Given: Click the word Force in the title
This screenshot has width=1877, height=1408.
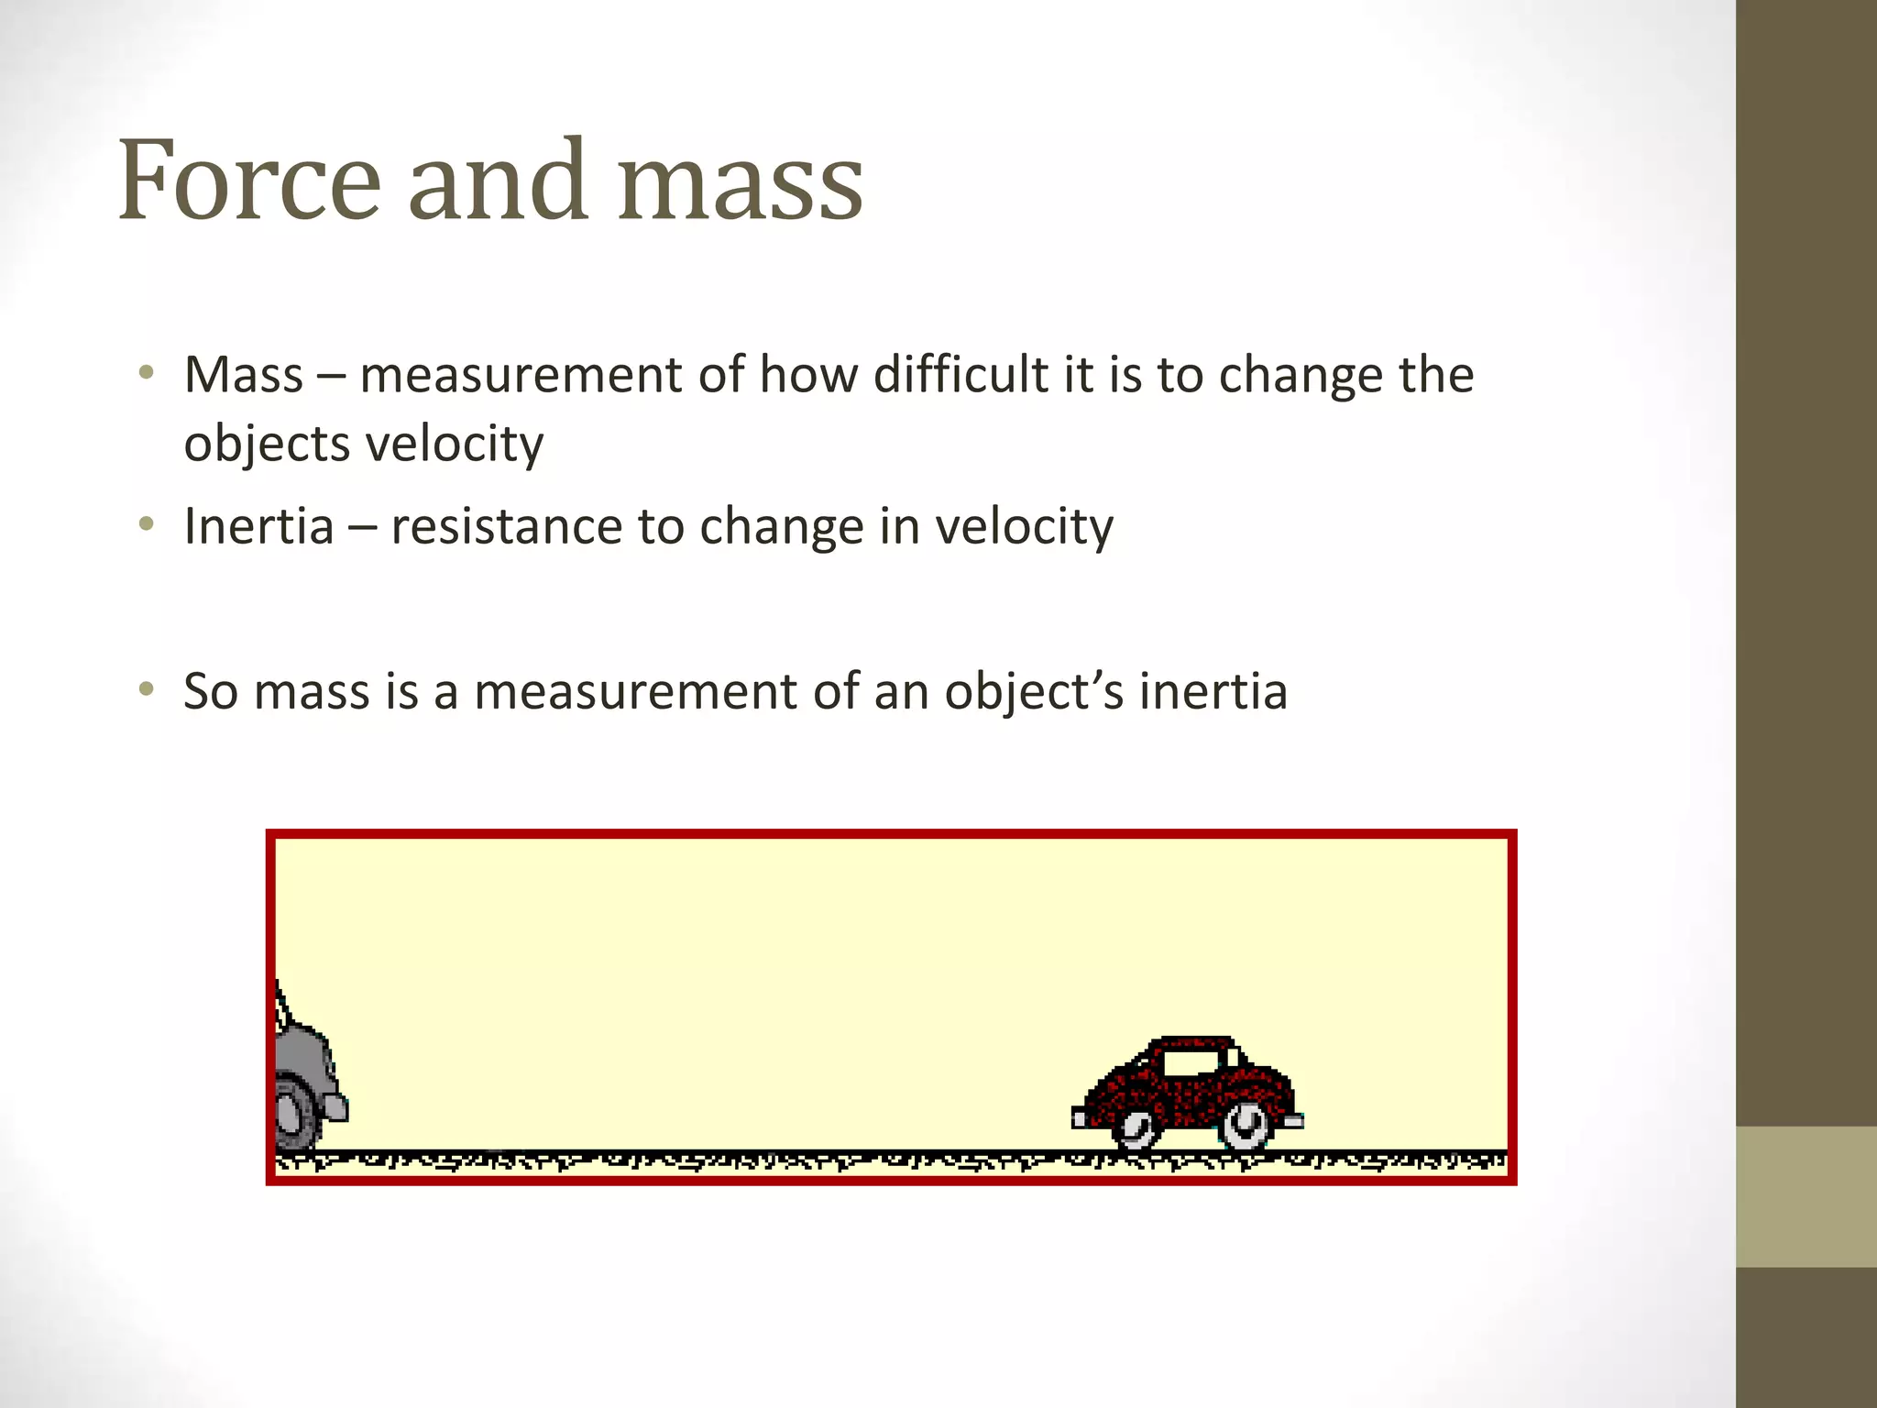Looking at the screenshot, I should pyautogui.click(x=248, y=181).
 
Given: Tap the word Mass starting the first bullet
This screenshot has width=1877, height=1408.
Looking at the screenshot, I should pyautogui.click(x=243, y=375).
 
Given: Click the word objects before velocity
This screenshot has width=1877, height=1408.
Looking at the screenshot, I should pyautogui.click(x=267, y=445).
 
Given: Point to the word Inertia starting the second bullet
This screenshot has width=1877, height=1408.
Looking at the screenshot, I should pyautogui.click(x=258, y=527).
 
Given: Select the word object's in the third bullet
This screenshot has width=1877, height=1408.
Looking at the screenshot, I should pyautogui.click(x=1034, y=693).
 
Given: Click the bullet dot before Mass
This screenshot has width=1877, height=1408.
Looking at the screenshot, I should pyautogui.click(x=146, y=373).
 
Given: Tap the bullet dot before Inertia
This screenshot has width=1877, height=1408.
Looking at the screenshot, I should pyautogui.click(x=146, y=525).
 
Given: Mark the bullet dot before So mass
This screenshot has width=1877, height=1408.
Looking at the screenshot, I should pyautogui.click(x=146, y=689).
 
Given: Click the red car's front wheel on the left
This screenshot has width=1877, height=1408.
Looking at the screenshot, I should pyautogui.click(x=1137, y=1128).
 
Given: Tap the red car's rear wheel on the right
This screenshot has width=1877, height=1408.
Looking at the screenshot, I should pyautogui.click(x=1245, y=1126).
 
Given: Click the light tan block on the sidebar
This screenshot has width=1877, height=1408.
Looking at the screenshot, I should pyautogui.click(x=1806, y=1196).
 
